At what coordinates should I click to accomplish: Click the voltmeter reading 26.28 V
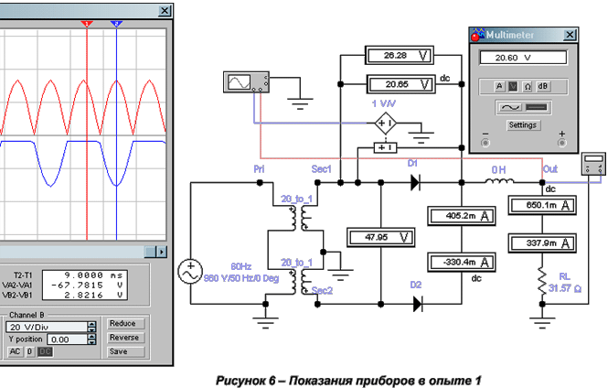(x=399, y=56)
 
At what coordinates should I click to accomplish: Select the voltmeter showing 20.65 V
(x=401, y=84)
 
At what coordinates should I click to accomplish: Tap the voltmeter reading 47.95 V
(x=380, y=237)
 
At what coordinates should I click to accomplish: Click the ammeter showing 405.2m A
(x=462, y=216)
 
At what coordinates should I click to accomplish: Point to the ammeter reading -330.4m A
(x=462, y=263)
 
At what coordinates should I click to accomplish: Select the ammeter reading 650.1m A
(x=542, y=205)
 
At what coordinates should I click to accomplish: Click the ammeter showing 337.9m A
(x=542, y=243)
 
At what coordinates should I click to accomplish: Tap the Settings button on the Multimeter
(x=522, y=125)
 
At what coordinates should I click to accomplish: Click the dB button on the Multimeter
(x=542, y=86)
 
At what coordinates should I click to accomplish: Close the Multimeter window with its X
(x=570, y=35)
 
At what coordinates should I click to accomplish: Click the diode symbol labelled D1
(x=415, y=182)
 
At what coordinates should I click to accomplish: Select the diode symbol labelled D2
(x=417, y=304)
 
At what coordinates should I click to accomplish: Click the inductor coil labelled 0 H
(x=499, y=181)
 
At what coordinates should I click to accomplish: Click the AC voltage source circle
(x=190, y=271)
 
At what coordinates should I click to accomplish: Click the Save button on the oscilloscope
(x=126, y=351)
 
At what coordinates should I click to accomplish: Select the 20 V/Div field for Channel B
(x=47, y=327)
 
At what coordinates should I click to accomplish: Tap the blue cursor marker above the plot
(x=116, y=24)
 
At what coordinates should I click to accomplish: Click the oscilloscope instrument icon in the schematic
(x=246, y=81)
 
